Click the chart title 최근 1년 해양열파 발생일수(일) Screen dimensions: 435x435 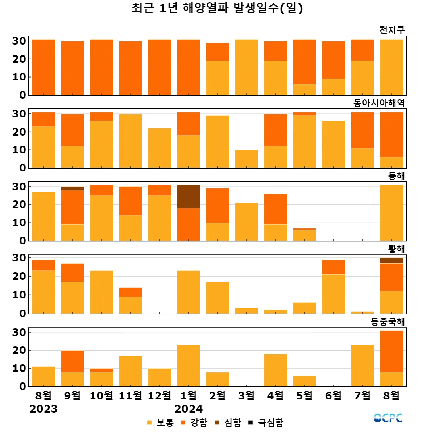tap(217, 8)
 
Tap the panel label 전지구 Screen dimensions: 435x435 tap(392, 30)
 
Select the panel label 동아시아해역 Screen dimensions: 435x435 tap(379, 103)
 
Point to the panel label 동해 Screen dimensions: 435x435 tap(396, 176)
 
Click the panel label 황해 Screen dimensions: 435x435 tap(396, 249)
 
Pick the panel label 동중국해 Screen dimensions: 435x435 tap(388, 322)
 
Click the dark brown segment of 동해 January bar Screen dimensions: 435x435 tap(188, 196)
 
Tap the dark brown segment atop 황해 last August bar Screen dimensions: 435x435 tap(391, 261)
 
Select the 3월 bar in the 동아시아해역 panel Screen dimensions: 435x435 tap(246, 159)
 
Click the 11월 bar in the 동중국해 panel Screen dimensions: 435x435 tap(130, 371)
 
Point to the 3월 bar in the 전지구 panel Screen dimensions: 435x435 tap(246, 67)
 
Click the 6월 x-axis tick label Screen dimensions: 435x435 tap(333, 395)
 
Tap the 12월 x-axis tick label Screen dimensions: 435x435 tap(159, 395)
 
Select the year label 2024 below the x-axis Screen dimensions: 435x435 tap(188, 409)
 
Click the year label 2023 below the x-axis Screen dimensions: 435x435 tap(43, 409)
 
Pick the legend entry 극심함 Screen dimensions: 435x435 tap(266, 422)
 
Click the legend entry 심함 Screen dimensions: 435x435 tap(228, 422)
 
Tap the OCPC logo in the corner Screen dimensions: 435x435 tap(388, 418)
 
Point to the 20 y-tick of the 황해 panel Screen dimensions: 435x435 tap(19, 276)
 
